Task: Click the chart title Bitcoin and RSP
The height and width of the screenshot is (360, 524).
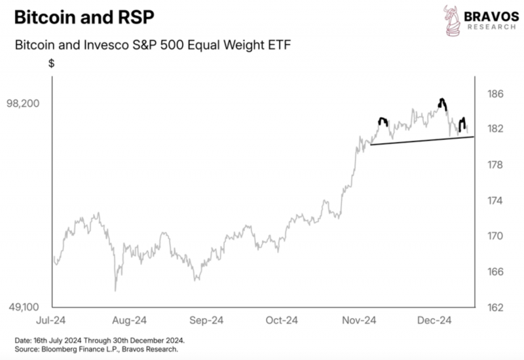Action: click(84, 17)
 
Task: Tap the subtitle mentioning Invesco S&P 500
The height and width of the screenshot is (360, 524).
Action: click(153, 45)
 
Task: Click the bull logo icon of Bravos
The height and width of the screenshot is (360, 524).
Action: click(451, 20)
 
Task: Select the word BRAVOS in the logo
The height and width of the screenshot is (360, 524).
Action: click(491, 16)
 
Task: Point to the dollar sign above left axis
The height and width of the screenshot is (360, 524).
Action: click(52, 63)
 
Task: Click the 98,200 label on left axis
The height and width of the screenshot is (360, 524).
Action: click(23, 103)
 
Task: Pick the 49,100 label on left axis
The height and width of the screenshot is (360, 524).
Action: click(24, 307)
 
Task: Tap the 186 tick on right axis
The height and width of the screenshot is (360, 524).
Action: click(495, 94)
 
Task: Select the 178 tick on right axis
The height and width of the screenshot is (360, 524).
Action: click(495, 165)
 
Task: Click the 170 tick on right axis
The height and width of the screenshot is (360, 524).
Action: click(495, 236)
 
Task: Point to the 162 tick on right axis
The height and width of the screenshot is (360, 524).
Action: click(495, 307)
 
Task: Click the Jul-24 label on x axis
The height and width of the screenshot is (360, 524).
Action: click(51, 320)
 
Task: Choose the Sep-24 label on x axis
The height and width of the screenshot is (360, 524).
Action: click(206, 320)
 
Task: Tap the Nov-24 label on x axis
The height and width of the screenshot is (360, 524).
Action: click(359, 320)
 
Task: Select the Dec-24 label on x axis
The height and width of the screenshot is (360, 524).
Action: click(434, 320)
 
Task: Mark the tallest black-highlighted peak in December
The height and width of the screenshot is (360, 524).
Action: click(442, 100)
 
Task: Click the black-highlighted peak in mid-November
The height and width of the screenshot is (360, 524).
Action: click(383, 119)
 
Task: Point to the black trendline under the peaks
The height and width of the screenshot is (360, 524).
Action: click(422, 141)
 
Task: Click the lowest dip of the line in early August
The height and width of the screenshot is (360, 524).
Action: click(115, 291)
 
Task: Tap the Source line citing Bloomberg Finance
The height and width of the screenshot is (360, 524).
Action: click(96, 350)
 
